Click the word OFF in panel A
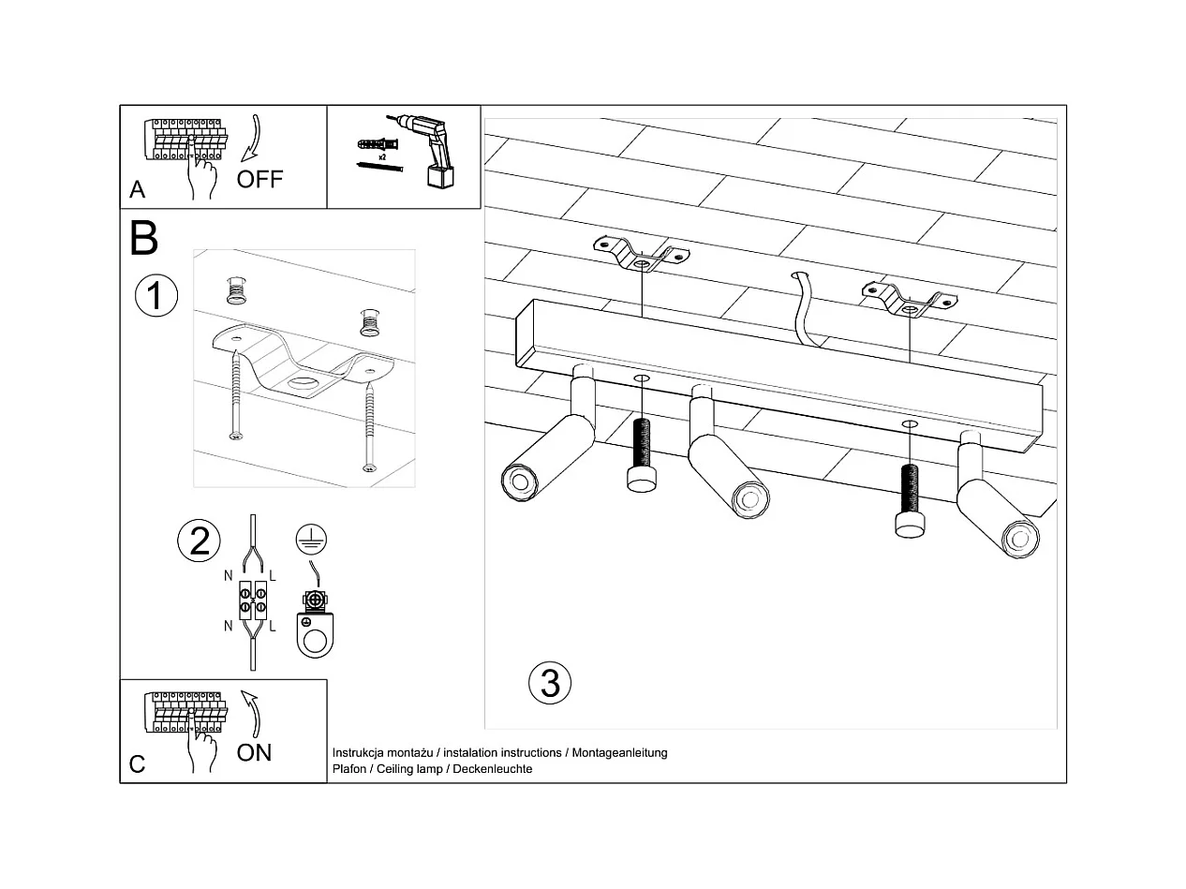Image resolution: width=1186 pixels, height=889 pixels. pyautogui.click(x=259, y=179)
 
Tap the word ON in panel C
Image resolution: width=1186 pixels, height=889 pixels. pyautogui.click(x=254, y=752)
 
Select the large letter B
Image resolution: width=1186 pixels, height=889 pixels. pyautogui.click(x=143, y=238)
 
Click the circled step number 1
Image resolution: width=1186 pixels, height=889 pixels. pyautogui.click(x=156, y=295)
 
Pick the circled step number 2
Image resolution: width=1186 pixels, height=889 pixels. pyautogui.click(x=199, y=541)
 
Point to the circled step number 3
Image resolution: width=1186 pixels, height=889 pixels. pyautogui.click(x=550, y=683)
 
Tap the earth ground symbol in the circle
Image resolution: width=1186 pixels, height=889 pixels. pyautogui.click(x=311, y=539)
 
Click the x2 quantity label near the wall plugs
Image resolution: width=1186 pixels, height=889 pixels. pyautogui.click(x=382, y=157)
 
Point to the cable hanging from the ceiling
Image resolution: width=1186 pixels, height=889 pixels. pyautogui.click(x=805, y=310)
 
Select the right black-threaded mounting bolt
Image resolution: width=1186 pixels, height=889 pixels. pyautogui.click(x=910, y=500)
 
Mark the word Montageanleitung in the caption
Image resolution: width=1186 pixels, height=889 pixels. pyautogui.click(x=619, y=752)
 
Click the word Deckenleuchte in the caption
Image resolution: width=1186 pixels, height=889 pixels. pyautogui.click(x=492, y=768)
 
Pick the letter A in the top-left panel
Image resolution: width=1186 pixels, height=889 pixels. pyautogui.click(x=137, y=189)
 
